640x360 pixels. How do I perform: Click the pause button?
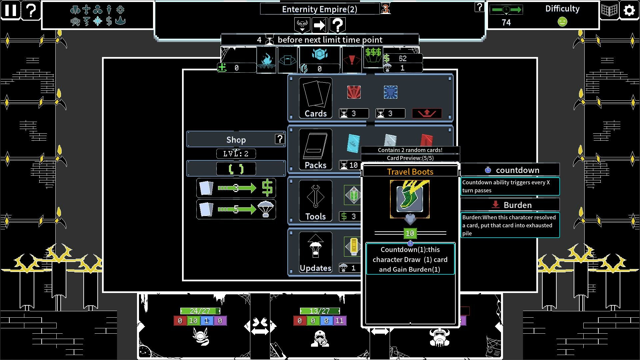click(x=10, y=10)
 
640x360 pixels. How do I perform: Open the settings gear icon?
click(x=629, y=10)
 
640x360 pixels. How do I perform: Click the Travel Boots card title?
click(x=410, y=172)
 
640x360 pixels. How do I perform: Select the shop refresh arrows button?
click(x=236, y=169)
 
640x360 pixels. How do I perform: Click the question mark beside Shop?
click(x=280, y=139)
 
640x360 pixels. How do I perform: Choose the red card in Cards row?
click(x=354, y=92)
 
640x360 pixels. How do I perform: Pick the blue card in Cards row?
click(x=390, y=92)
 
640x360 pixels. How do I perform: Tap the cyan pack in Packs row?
click(x=353, y=143)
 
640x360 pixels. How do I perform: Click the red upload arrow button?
click(x=427, y=113)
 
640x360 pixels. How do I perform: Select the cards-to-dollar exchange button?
click(x=236, y=188)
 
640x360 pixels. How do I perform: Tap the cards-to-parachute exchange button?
click(x=236, y=209)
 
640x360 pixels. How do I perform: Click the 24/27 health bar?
click(x=200, y=311)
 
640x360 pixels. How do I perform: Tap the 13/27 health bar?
click(x=320, y=311)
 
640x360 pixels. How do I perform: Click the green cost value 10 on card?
click(x=410, y=233)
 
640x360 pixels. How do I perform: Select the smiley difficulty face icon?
click(x=562, y=22)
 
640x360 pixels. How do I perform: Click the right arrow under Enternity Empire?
click(x=320, y=25)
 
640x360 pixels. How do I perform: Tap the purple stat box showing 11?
click(x=340, y=321)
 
